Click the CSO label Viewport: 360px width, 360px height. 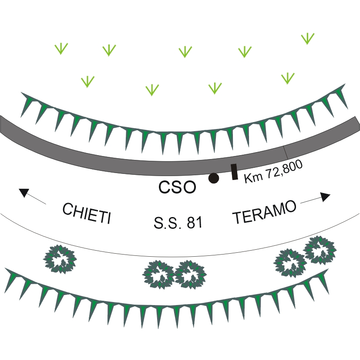tap(177, 187)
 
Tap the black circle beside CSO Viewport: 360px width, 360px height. tap(214, 178)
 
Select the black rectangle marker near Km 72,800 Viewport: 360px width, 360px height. tap(234, 172)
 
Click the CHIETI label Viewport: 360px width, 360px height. tap(87, 213)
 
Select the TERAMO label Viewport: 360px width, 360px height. tap(264, 212)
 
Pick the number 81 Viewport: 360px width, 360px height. tap(195, 222)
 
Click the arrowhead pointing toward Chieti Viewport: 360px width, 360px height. tap(24, 192)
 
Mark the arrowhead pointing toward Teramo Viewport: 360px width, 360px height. tap(325, 197)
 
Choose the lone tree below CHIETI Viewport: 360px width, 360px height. tap(60, 259)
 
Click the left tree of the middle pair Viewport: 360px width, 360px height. tap(158, 274)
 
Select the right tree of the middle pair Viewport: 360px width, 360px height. tap(190, 274)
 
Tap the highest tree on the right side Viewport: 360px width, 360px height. tap(320, 249)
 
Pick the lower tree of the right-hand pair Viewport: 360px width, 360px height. tap(290, 263)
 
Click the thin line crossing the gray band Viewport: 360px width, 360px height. tap(286, 153)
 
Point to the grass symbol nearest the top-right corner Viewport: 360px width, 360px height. tap(307, 38)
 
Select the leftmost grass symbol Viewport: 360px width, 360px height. tap(61, 48)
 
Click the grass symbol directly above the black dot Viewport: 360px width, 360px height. tap(215, 88)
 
